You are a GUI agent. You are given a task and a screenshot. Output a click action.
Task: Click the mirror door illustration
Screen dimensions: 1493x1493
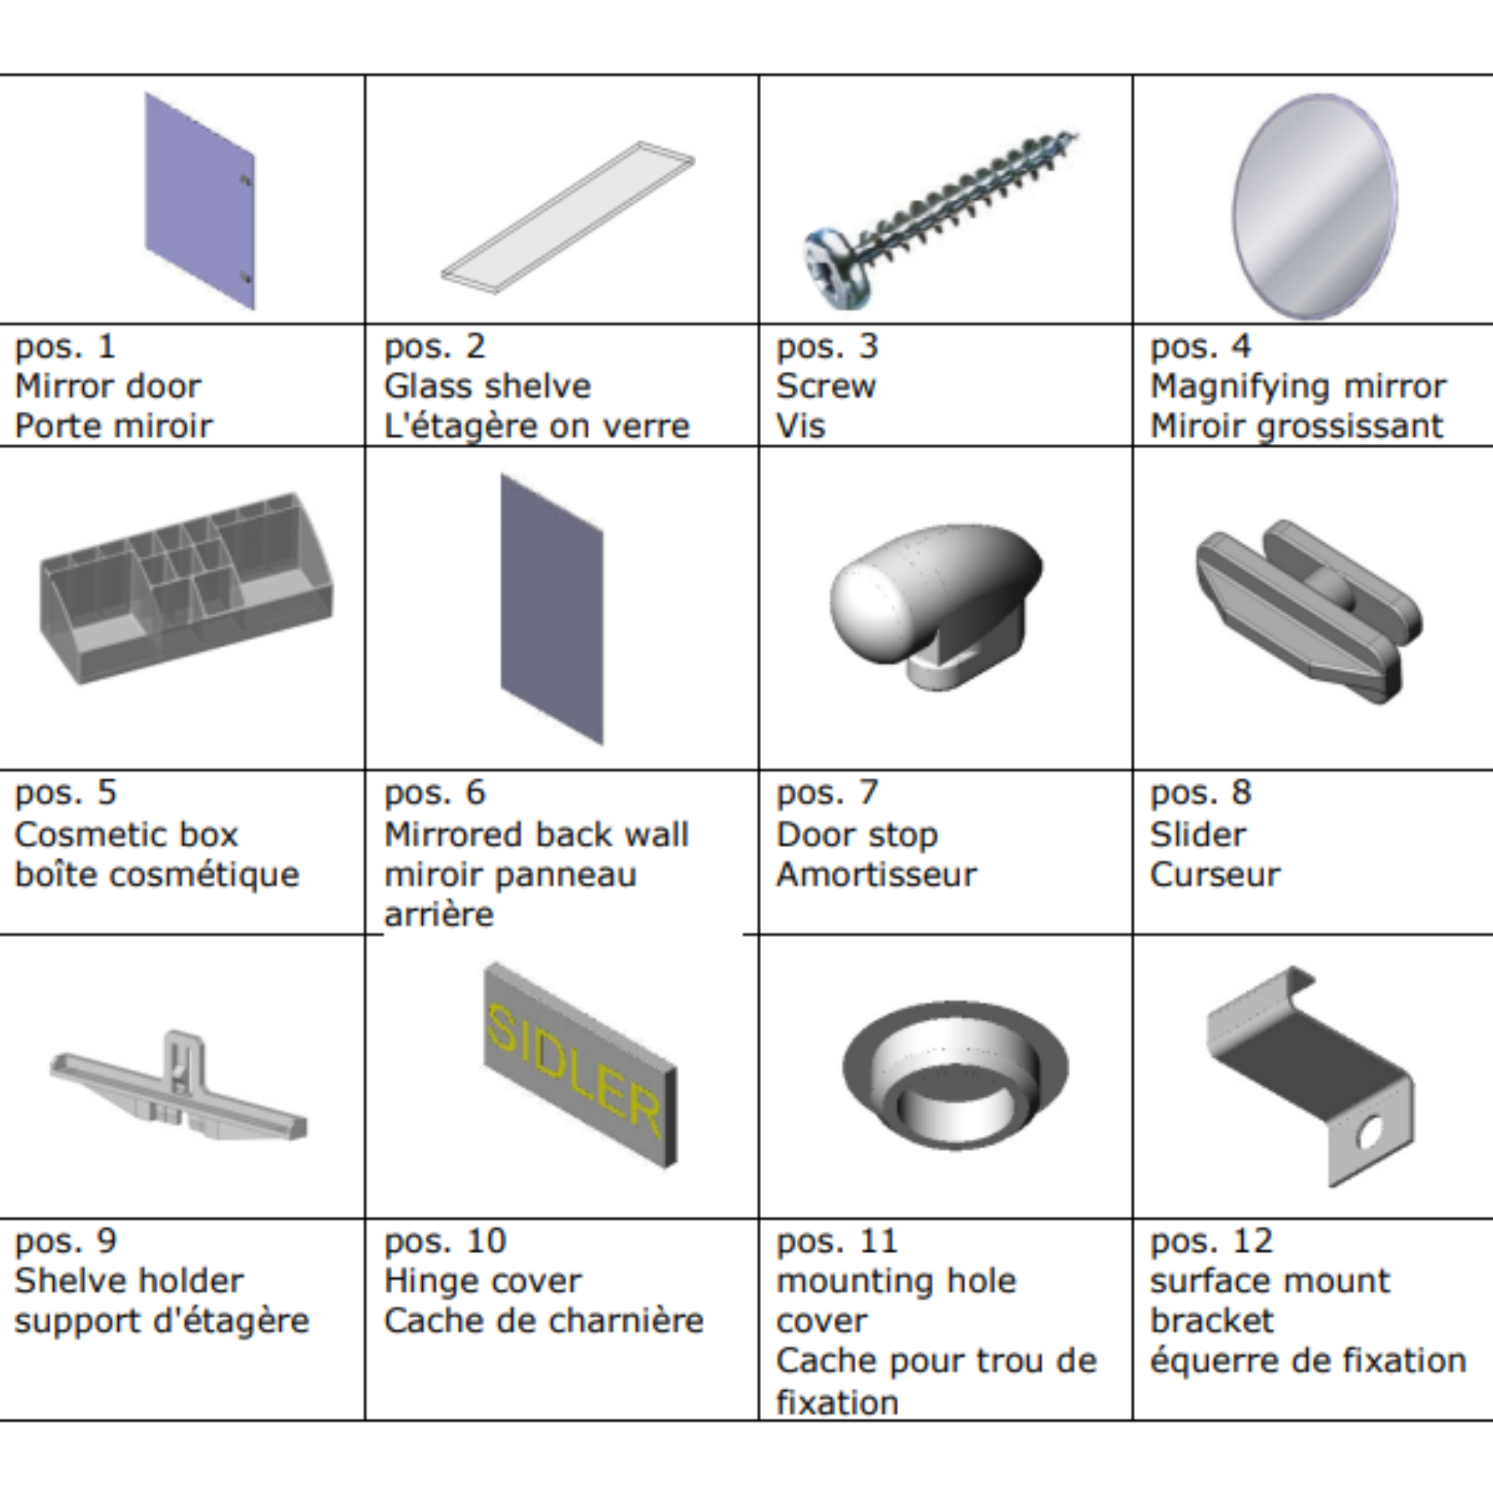click(199, 201)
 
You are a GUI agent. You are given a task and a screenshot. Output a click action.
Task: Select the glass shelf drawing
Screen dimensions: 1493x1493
click(568, 217)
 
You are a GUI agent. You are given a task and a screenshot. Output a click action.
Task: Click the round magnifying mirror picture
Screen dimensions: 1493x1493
click(1314, 206)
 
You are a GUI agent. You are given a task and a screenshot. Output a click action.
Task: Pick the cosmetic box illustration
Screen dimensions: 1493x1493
click(186, 588)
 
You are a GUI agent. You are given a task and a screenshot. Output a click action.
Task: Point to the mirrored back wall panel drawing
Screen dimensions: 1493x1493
click(552, 609)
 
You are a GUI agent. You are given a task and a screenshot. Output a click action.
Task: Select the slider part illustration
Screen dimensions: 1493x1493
click(1309, 610)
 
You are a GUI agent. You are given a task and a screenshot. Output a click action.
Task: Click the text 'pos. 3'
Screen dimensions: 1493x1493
click(827, 346)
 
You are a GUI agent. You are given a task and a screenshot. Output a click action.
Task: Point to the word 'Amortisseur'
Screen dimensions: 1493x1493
click(876, 875)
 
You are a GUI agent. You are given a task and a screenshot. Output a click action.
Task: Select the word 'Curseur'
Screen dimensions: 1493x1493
click(1215, 875)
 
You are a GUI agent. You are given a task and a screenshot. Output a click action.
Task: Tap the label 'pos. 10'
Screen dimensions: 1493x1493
click(445, 1241)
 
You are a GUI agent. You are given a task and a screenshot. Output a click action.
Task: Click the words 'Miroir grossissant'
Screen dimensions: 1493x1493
click(1297, 426)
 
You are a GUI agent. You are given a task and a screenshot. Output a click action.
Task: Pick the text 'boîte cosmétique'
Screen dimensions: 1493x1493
click(157, 876)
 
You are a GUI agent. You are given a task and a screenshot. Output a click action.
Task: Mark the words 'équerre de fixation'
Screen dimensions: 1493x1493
click(1309, 1361)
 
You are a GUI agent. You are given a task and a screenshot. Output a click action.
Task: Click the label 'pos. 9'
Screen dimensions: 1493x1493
click(66, 1241)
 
